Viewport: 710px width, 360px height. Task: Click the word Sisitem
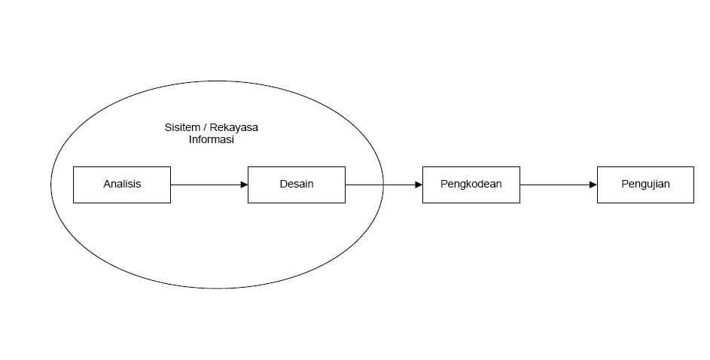[x=182, y=127]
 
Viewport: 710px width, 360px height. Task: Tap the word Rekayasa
[x=234, y=127]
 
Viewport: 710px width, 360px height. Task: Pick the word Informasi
[x=211, y=139]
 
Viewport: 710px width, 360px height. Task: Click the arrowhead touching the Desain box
[x=244, y=185]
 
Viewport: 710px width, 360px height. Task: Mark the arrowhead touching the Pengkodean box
[x=418, y=185]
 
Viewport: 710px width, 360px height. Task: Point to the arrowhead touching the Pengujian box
[x=593, y=185]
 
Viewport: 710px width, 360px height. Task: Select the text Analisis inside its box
[x=122, y=185]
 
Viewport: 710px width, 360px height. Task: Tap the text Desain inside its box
[x=297, y=185]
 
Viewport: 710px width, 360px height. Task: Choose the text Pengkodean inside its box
[x=471, y=185]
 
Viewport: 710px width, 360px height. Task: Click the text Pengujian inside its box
[x=645, y=185]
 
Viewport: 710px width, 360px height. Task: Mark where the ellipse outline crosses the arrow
[x=383, y=185]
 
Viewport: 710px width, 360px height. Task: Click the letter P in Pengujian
[x=625, y=184]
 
